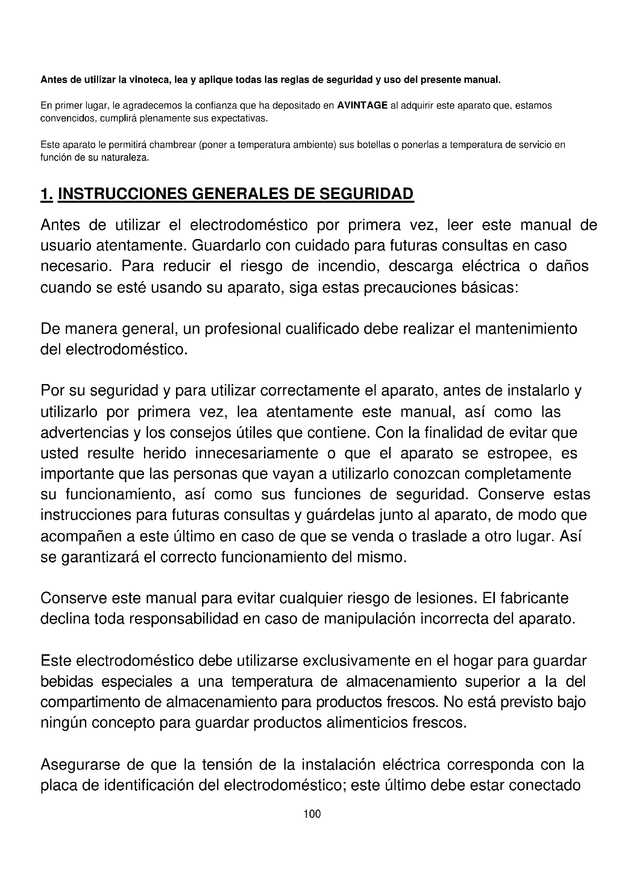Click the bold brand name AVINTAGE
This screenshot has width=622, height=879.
click(x=362, y=106)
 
